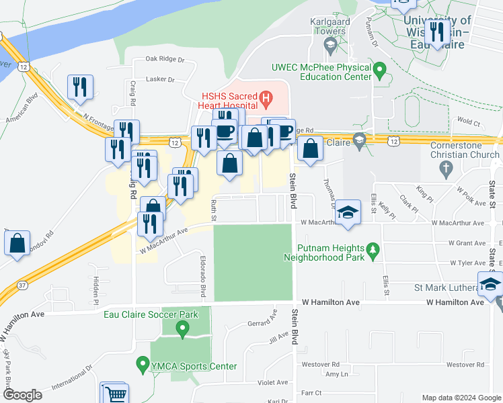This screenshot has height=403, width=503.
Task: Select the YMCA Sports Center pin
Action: point(142,365)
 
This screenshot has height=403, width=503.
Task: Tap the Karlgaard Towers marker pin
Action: point(330,46)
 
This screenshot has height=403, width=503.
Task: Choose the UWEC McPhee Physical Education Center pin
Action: point(379,69)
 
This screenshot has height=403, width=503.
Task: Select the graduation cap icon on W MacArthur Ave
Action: point(347,212)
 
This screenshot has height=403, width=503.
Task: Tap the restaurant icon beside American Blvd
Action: point(79,87)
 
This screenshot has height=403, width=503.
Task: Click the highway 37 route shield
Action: point(23,285)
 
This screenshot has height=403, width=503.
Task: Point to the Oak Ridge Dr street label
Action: point(159,59)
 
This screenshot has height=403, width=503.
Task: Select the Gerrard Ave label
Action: point(262,323)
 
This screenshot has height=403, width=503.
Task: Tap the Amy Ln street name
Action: point(336,374)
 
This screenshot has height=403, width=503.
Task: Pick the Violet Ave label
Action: point(273,382)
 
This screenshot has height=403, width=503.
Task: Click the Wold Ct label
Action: point(469,123)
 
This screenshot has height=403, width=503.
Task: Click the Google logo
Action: point(22,395)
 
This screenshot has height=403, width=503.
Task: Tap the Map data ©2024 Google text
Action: point(461,398)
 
